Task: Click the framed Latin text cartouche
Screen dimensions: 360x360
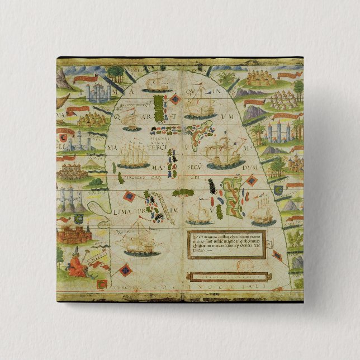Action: [225, 243]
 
